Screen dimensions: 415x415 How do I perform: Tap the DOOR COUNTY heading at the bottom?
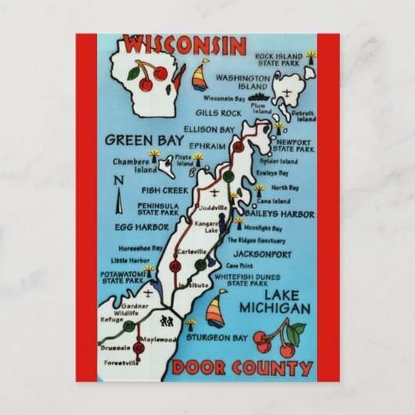(x=244, y=368)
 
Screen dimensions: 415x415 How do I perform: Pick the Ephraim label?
(x=206, y=146)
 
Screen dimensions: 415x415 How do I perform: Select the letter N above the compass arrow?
(x=117, y=182)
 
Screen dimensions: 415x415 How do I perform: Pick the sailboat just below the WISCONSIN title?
(x=200, y=75)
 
